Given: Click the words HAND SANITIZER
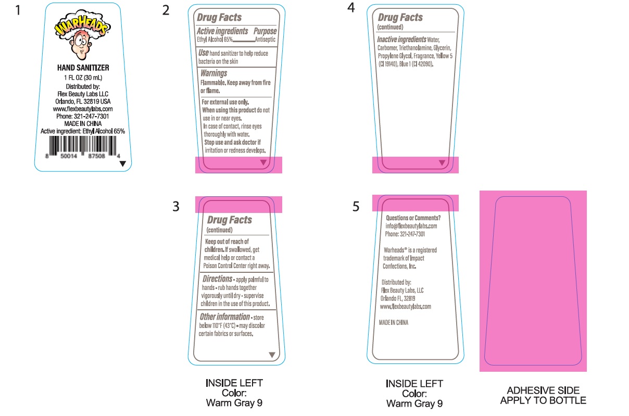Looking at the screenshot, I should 83,68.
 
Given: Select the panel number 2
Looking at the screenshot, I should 166,10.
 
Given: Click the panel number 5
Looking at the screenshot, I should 356,207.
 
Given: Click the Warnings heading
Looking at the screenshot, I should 213,73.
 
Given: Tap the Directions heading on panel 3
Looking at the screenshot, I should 217,279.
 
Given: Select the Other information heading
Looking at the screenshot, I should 224,317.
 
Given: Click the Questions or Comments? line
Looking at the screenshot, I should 413,218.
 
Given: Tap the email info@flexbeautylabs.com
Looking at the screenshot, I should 411,226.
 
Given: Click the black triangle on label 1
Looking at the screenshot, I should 122,163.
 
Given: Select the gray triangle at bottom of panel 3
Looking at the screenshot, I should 271,355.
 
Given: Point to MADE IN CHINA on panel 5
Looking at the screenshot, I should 395,322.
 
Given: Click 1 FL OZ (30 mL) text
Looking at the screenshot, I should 83,78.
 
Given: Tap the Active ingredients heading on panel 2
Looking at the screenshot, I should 222,31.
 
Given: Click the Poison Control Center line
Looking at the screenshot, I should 237,266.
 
